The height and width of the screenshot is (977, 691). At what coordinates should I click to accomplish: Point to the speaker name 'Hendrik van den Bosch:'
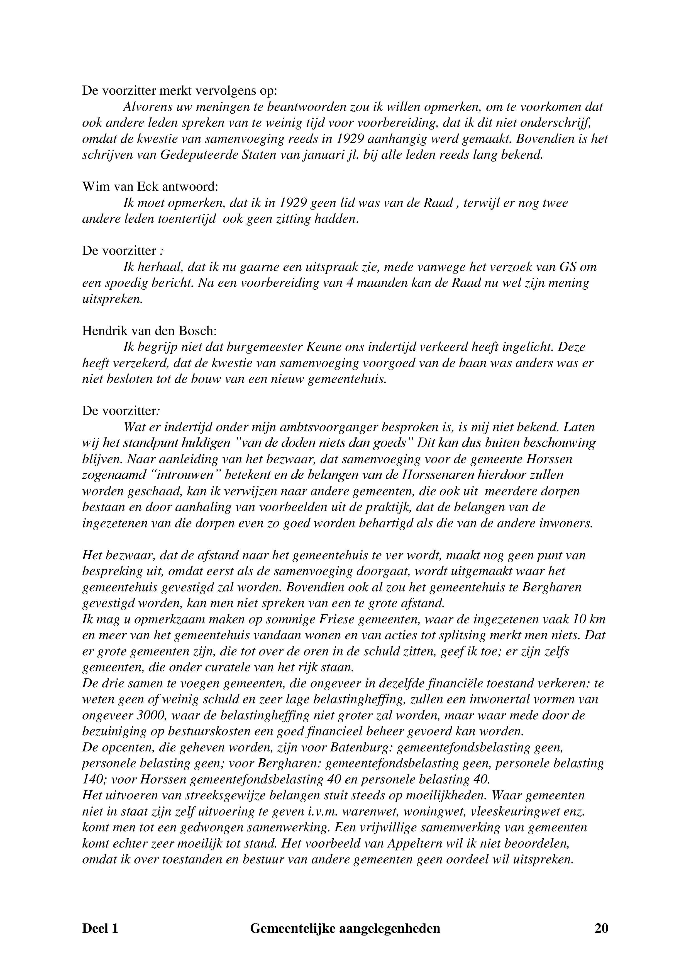point(149,331)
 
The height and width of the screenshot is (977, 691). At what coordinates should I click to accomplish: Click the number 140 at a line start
point(91,779)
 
